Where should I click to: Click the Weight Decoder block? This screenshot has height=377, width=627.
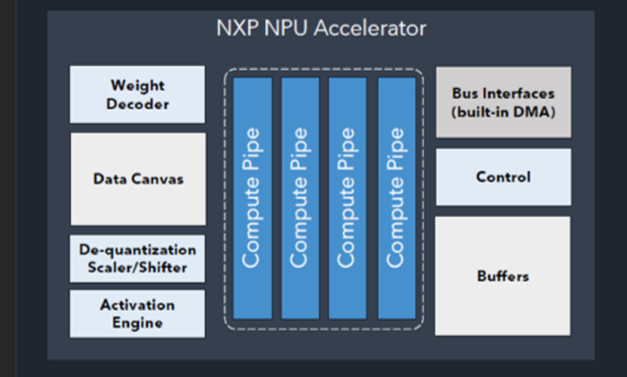[137, 94]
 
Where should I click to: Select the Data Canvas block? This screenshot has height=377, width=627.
[138, 179]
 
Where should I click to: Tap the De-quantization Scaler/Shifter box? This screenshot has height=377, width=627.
[137, 258]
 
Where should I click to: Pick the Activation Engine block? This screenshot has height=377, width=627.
[137, 314]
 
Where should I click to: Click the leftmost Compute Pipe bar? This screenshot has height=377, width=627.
[253, 198]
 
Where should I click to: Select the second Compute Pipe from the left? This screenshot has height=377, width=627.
[300, 198]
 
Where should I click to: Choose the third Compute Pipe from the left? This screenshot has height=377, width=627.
[347, 198]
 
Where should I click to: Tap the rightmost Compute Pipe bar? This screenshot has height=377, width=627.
[396, 198]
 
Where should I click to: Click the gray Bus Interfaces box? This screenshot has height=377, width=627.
[503, 102]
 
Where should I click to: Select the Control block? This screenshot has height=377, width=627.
[503, 177]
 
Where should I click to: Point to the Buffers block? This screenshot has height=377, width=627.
[503, 275]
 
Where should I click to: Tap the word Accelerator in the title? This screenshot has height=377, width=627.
[370, 28]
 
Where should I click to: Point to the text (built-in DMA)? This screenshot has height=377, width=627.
[503, 112]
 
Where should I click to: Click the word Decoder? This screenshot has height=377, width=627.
[137, 104]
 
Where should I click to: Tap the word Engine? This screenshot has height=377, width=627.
[137, 323]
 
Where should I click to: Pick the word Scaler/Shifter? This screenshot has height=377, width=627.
[137, 267]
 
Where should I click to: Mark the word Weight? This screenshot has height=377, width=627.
[137, 85]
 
